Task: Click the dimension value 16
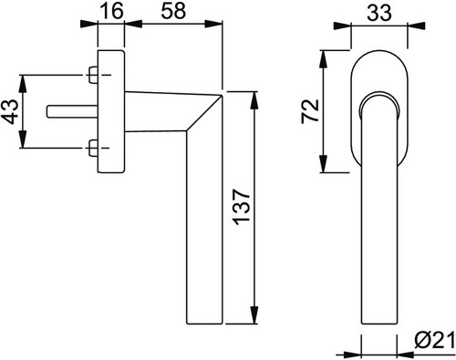(112, 11)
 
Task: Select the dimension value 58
(173, 11)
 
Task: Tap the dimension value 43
(11, 111)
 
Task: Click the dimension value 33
(379, 14)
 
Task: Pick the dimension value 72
(310, 111)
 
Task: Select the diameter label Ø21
(434, 343)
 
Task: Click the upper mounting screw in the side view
(93, 75)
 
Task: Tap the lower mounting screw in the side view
(93, 149)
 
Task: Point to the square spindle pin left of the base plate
(72, 111)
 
